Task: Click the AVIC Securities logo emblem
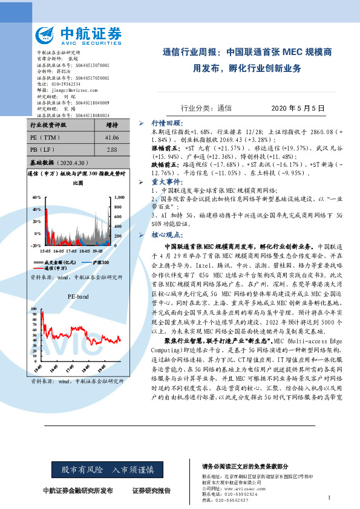[x=49, y=34]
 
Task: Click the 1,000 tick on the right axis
[x=119, y=198]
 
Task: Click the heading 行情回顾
[x=166, y=123]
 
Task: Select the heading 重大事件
[x=166, y=181]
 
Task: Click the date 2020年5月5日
[x=287, y=108]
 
